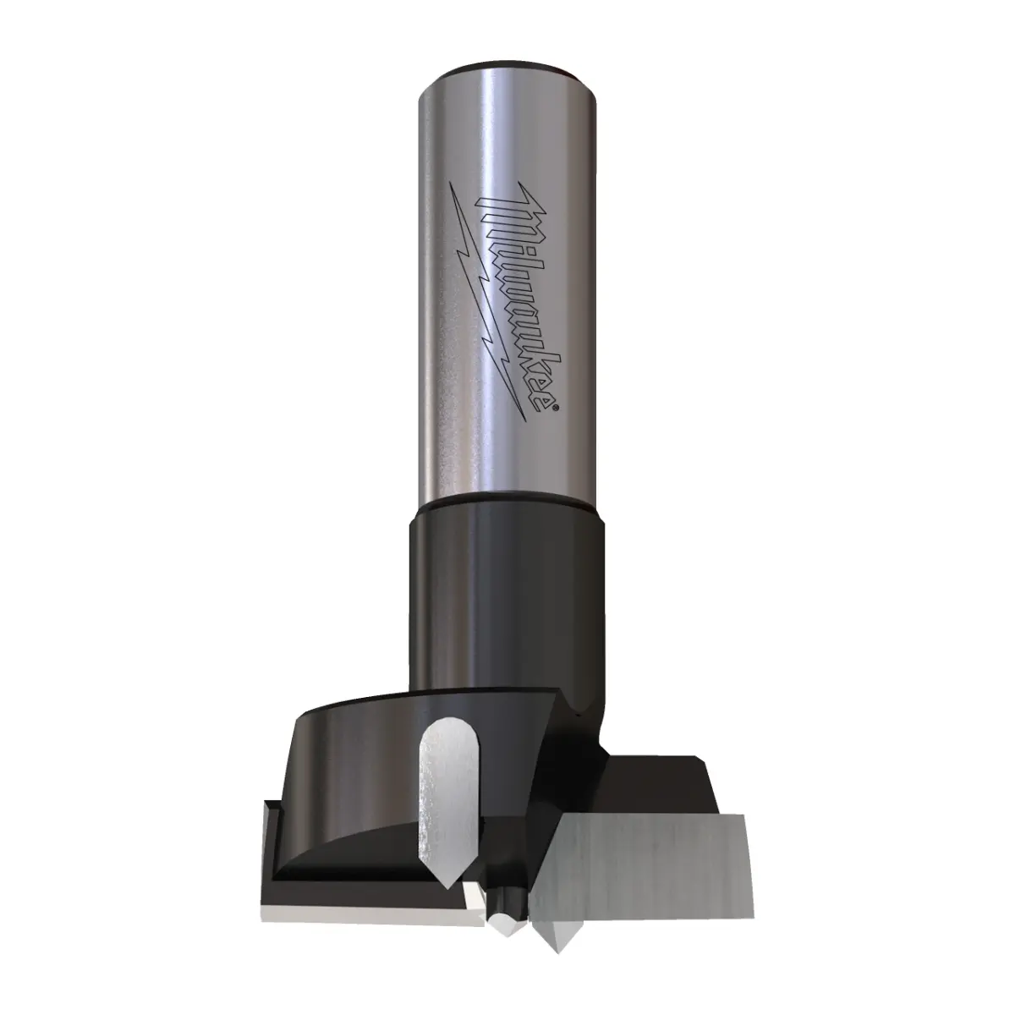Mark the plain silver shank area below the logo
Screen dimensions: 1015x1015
point(507,461)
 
